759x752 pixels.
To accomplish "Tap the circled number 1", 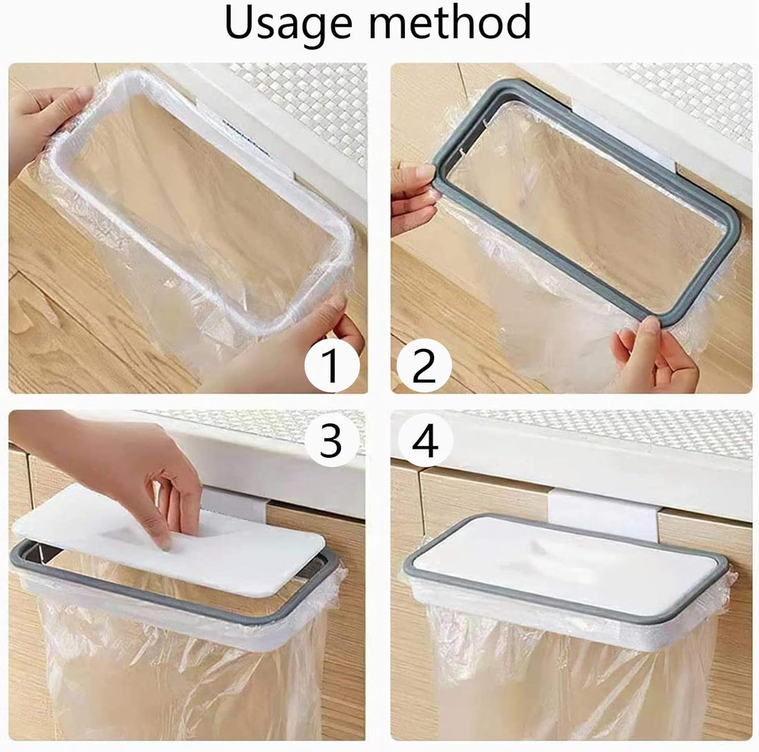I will [x=331, y=365].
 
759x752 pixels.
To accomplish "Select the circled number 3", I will [x=331, y=440].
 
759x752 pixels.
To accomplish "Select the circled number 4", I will [x=425, y=440].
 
